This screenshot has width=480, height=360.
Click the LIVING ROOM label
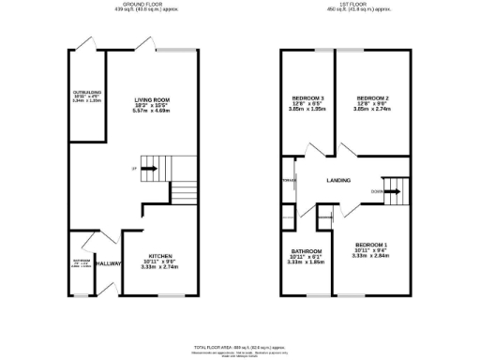pyautogui.click(x=150, y=98)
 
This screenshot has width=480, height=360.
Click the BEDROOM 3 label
pyautogui.click(x=308, y=98)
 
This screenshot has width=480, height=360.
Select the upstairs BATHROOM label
pyautogui.click(x=307, y=251)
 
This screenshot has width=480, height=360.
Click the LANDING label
pyautogui.click(x=338, y=180)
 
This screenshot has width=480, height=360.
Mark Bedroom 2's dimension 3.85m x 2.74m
pyautogui.click(x=374, y=110)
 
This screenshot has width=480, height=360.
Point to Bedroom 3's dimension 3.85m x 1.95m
pyautogui.click(x=308, y=110)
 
